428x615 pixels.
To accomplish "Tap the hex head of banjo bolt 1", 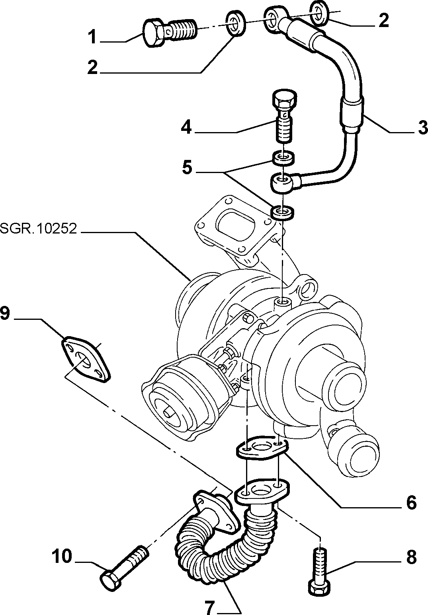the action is coord(153,33).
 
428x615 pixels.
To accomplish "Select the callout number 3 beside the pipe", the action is coord(423,127).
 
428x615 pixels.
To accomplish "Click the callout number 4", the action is coord(187,127).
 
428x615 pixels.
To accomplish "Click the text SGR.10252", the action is coord(39,228).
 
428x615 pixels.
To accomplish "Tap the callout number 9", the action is coord(5,313).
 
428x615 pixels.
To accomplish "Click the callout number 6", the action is coord(411,502).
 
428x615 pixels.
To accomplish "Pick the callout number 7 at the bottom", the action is coord(210,607).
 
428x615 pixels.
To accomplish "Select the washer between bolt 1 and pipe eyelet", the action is coord(235,23).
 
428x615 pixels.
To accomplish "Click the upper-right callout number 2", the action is coord(384,21).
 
